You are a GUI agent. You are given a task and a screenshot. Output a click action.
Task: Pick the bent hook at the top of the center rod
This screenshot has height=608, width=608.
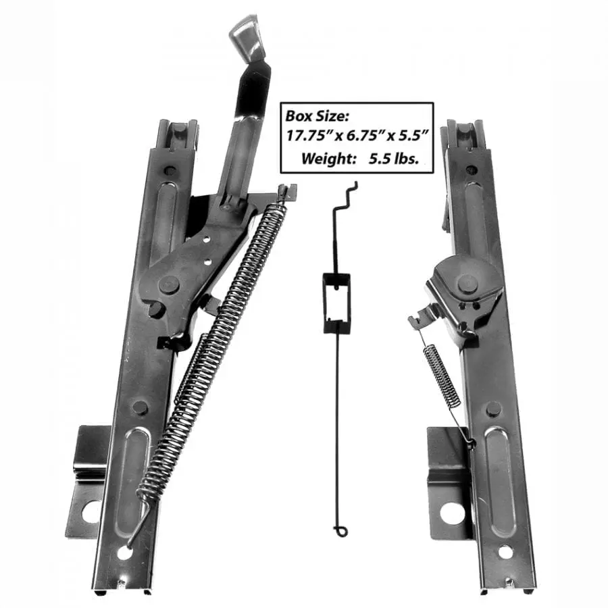pos(347,196)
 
